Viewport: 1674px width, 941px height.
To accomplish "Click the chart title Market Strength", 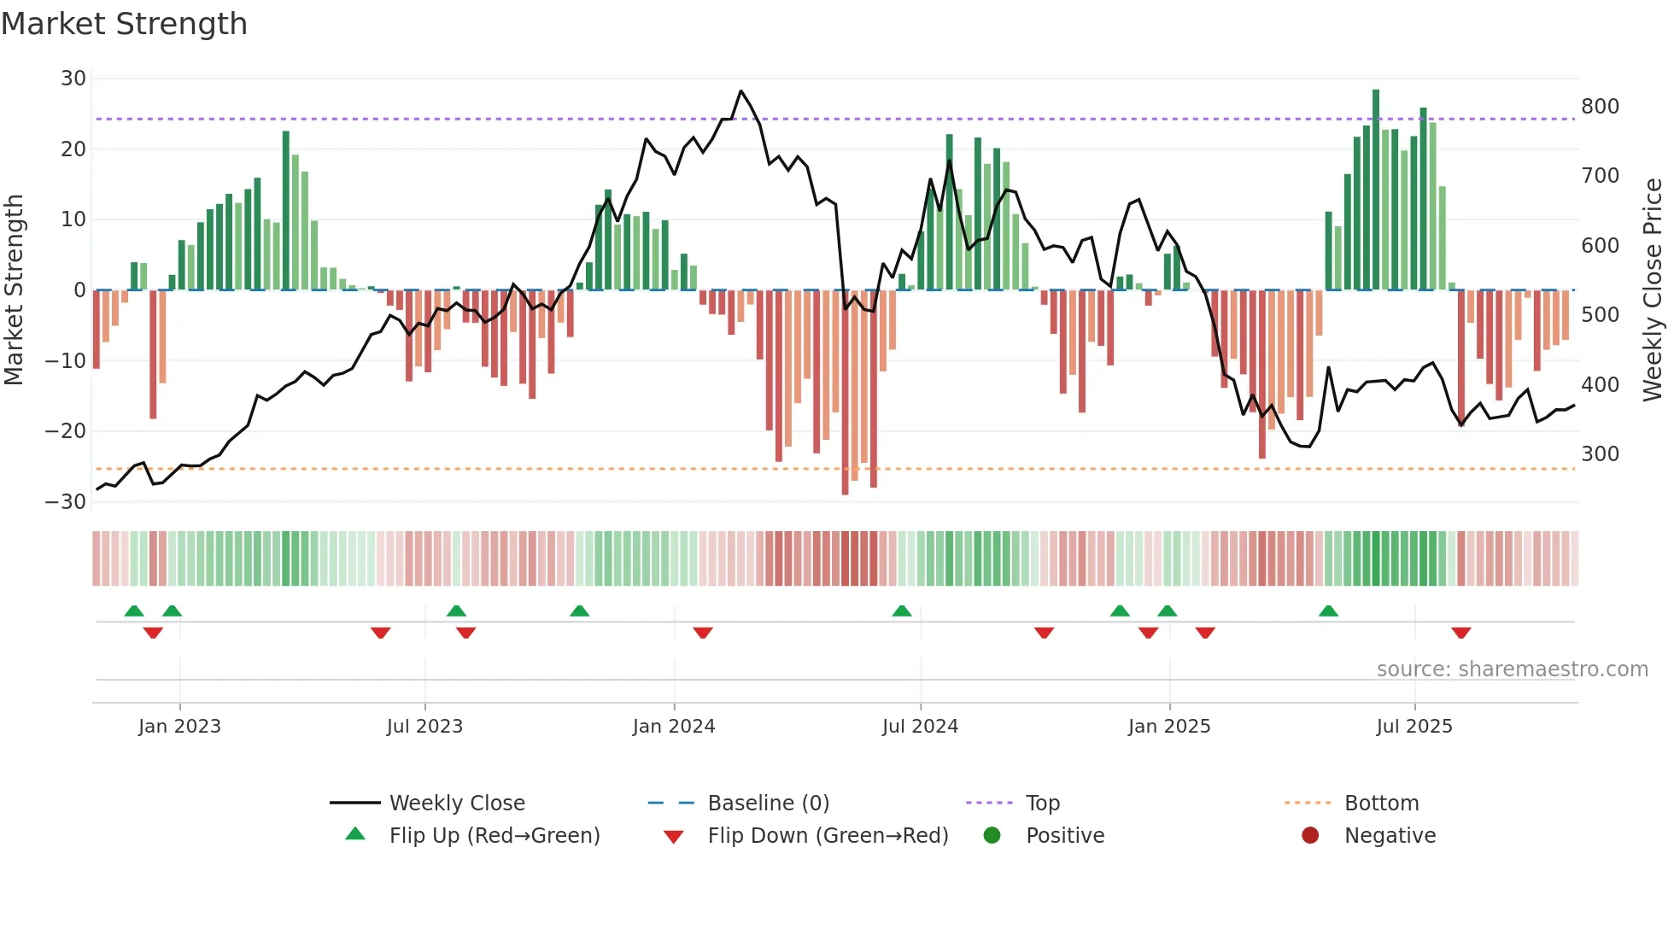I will click(124, 24).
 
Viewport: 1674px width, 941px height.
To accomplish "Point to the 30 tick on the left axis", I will click(73, 79).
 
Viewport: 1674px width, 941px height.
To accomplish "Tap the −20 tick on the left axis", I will click(66, 431).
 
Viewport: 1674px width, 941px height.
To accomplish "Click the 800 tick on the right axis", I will click(1600, 107).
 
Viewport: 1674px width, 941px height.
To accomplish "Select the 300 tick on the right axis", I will click(1600, 454).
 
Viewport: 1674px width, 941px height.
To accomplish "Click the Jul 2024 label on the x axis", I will click(920, 727).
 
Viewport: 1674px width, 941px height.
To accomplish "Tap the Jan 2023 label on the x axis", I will click(179, 727).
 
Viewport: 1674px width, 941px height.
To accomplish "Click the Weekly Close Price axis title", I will click(1653, 290).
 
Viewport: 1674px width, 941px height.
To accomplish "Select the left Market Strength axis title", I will click(15, 290).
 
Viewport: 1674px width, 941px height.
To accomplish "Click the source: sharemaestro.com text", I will click(1512, 669).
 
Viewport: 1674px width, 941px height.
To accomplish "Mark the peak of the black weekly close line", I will click(740, 91).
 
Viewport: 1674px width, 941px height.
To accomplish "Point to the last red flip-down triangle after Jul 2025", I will click(1460, 633).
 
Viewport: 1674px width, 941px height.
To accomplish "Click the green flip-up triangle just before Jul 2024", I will click(901, 611).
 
